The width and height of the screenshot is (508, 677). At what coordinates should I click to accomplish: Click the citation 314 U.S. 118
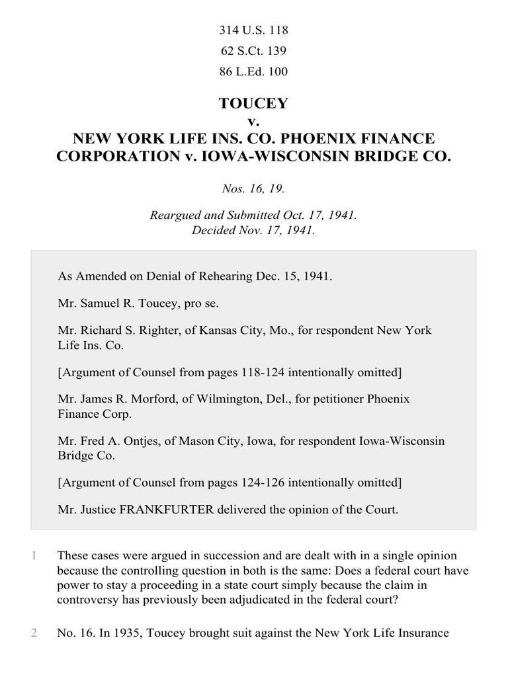(254, 30)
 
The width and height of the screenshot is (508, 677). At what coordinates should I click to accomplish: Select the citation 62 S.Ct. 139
(254, 51)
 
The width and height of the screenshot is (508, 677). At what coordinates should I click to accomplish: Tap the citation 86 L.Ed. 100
(254, 71)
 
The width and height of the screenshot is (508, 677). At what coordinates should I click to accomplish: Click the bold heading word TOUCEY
(254, 104)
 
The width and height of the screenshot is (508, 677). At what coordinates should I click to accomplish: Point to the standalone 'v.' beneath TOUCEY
(254, 122)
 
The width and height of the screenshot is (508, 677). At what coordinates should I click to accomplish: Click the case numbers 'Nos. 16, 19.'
(254, 189)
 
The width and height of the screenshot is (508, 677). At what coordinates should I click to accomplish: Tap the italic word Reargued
(176, 216)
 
